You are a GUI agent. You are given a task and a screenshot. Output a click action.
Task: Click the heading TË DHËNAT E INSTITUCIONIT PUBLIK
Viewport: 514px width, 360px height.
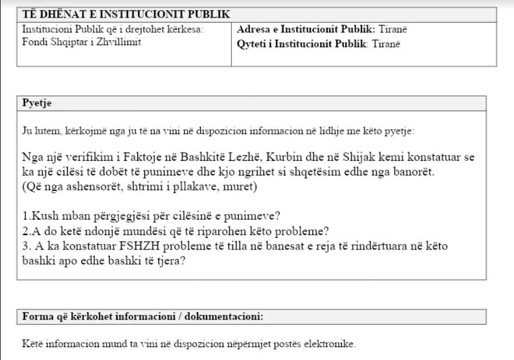coord(126,15)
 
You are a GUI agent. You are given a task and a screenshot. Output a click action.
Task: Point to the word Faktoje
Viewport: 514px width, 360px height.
coord(136,158)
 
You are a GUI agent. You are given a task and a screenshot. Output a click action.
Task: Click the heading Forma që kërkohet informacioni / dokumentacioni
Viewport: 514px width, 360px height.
coord(143,317)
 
